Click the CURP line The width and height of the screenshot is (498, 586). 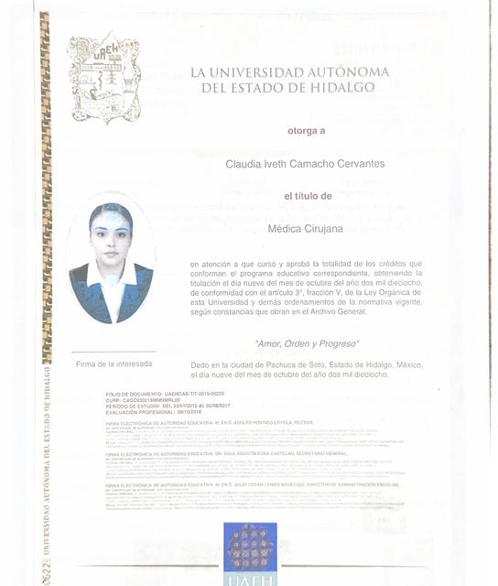[137, 399]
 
